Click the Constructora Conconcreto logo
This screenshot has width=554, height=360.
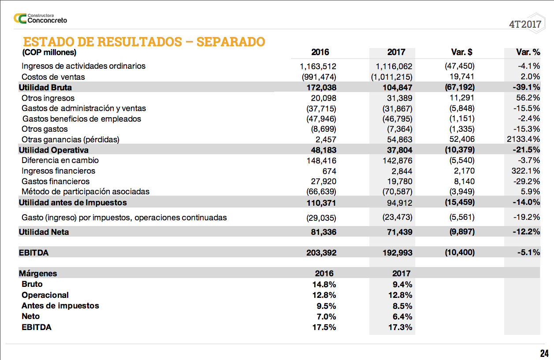41,18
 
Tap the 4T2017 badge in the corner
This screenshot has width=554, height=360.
525,24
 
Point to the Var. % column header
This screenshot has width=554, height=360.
528,52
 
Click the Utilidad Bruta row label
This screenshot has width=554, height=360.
45,87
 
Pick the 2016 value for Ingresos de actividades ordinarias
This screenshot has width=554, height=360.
318,67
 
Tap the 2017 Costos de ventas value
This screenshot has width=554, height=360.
391,77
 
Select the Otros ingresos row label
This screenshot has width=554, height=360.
48,98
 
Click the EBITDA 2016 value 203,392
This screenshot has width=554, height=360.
321,253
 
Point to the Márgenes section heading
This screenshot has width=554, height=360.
38,273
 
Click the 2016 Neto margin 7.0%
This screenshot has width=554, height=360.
326,316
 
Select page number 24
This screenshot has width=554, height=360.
544,353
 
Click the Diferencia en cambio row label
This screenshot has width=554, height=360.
60,160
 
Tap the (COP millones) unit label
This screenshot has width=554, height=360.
49,53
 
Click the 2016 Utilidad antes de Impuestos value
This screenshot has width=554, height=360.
321,203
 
